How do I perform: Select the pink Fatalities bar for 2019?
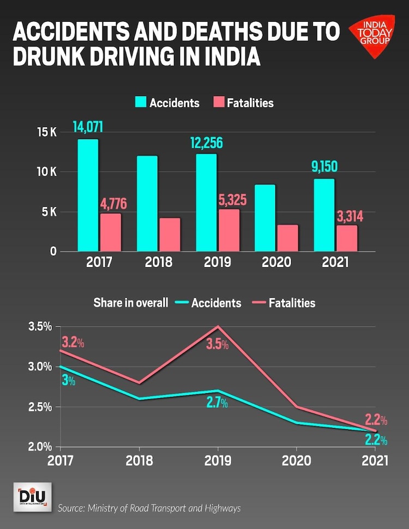tap(228, 230)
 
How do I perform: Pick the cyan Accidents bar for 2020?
tap(265, 218)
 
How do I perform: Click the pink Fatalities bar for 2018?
tap(170, 235)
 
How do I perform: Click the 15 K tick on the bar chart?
tap(47, 132)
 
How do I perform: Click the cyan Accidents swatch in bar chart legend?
tap(141, 103)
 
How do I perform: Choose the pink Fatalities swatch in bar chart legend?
tap(219, 103)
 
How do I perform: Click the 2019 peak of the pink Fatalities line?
tap(218, 327)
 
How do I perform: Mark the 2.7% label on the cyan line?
tap(216, 404)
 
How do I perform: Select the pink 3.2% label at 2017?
tap(73, 343)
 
